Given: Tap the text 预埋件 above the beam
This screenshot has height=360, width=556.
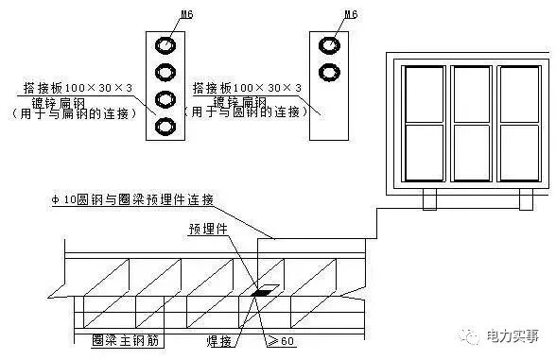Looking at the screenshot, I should coord(206,228).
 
